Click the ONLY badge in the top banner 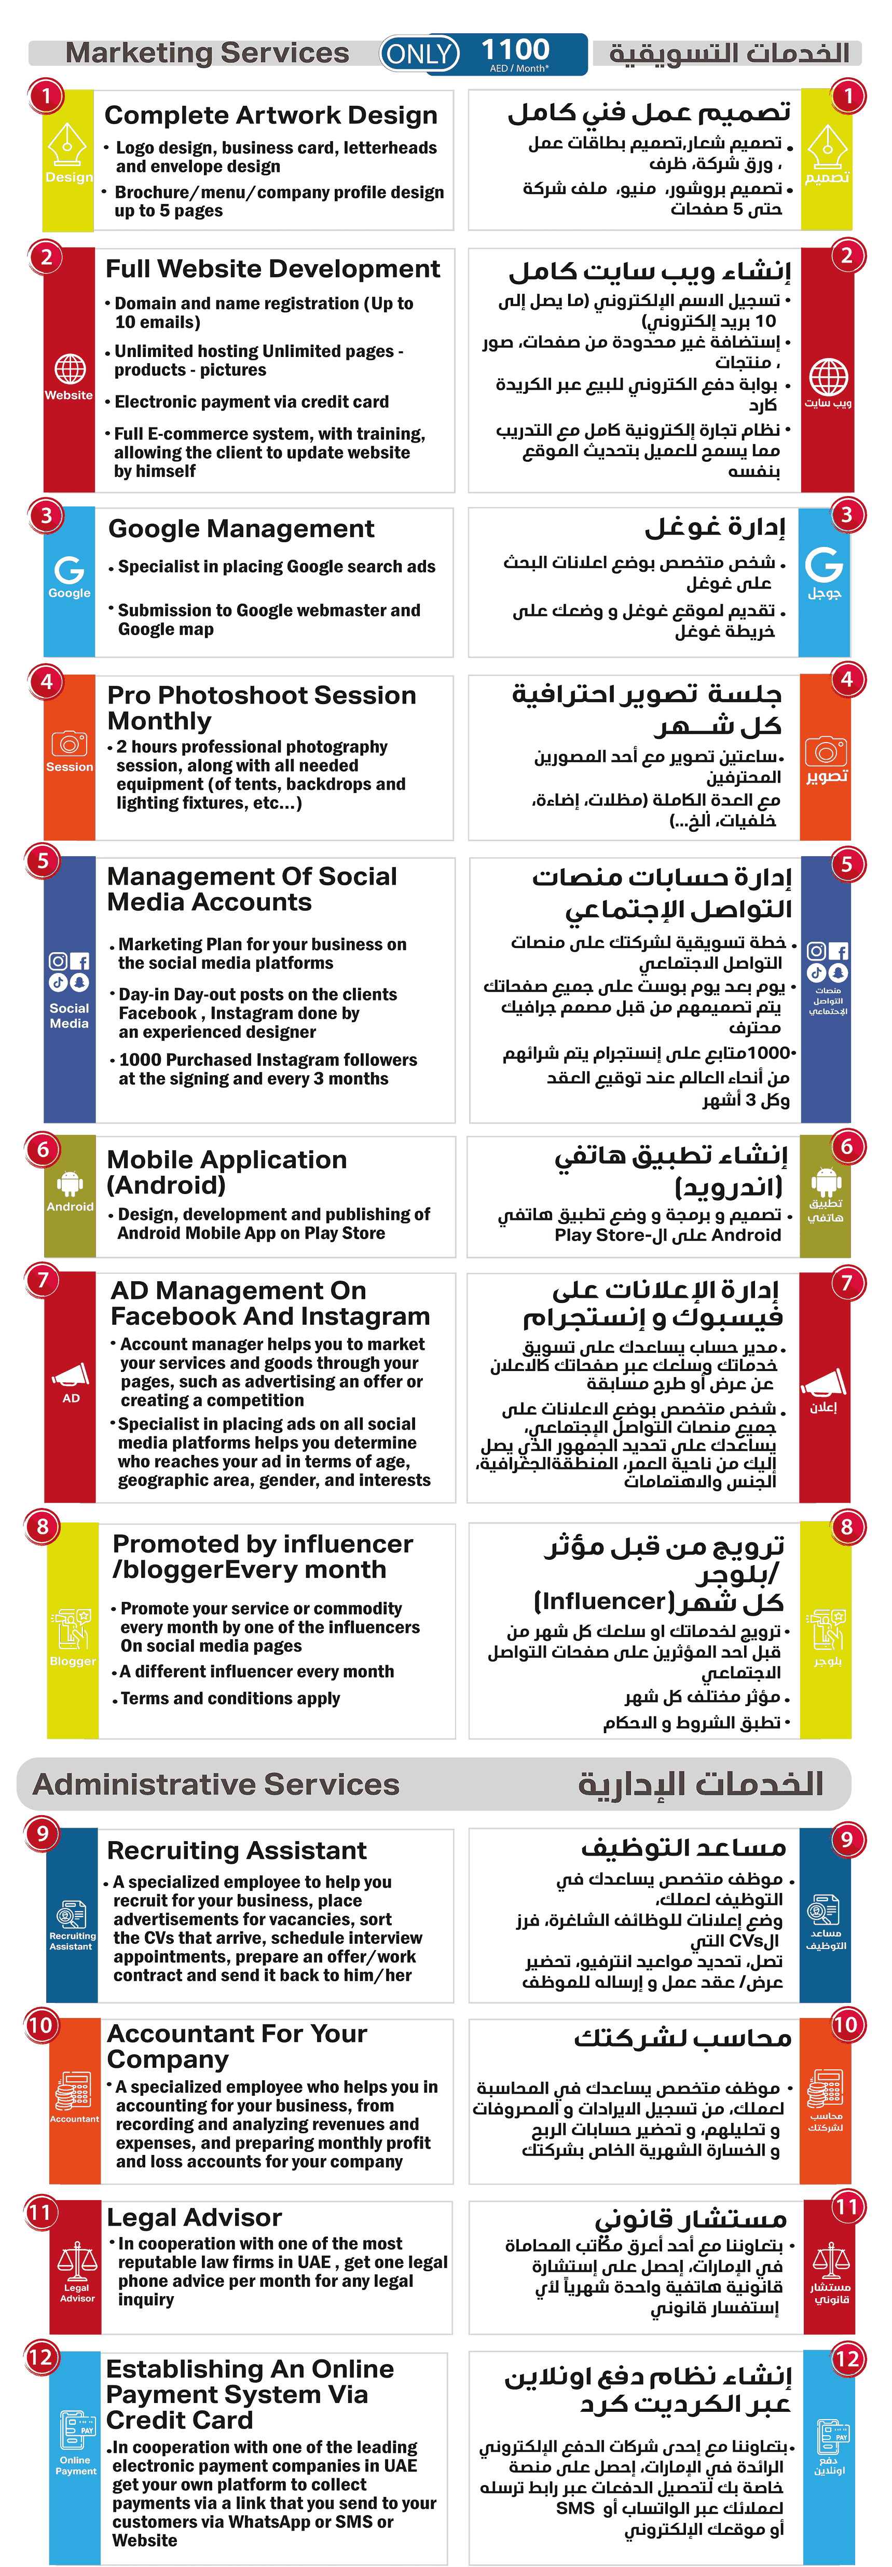pos(420,54)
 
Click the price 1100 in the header pos(515,49)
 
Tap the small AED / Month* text pos(518,69)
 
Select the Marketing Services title pos(207,53)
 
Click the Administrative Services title pos(216,1784)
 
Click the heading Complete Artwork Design pos(271,116)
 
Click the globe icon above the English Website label pos(69,369)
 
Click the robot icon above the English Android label pos(70,1183)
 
